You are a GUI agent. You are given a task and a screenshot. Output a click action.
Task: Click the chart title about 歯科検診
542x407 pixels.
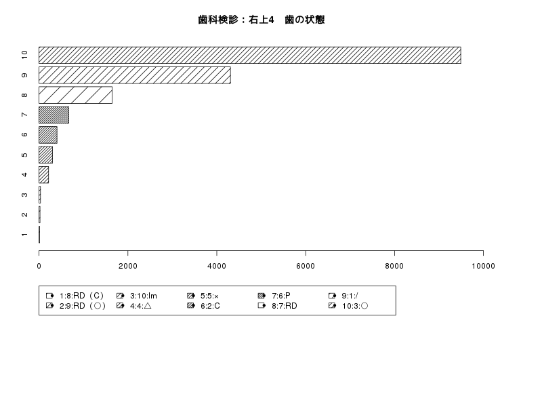(262, 20)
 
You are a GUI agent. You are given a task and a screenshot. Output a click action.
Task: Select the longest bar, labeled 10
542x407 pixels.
(249, 56)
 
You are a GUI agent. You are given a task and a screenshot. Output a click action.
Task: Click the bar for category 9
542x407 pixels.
(134, 75)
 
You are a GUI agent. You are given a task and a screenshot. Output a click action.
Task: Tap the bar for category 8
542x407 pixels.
(75, 95)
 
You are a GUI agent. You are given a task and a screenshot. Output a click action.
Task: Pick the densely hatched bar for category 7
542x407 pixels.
(54, 115)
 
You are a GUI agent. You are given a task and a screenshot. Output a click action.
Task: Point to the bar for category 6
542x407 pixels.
(48, 135)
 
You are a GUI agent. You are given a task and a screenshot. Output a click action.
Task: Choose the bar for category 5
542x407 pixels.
(45, 155)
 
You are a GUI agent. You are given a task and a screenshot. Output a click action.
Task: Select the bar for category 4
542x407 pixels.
(43, 175)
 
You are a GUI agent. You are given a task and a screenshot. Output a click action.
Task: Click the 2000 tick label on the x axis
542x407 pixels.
(128, 266)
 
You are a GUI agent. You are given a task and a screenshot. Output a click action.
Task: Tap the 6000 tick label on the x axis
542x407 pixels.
(306, 266)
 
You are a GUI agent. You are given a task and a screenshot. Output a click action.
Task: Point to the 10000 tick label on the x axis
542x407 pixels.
(483, 266)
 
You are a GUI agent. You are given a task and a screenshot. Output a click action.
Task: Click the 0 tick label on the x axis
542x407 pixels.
(39, 266)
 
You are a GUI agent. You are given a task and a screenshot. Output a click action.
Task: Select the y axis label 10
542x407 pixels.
(24, 55)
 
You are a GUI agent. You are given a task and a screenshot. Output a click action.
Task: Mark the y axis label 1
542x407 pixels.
(24, 235)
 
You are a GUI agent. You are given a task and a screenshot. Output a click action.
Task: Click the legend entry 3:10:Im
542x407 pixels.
(137, 296)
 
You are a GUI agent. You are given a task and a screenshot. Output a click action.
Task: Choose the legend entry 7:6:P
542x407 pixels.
(274, 296)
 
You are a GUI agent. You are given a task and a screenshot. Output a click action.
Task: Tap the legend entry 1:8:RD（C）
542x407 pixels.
(75, 296)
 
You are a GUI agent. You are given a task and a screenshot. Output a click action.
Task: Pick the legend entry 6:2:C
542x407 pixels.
(204, 306)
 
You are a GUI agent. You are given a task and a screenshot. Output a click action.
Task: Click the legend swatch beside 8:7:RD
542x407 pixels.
(262, 306)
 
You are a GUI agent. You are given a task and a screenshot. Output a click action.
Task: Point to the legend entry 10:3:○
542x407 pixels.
(348, 306)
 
